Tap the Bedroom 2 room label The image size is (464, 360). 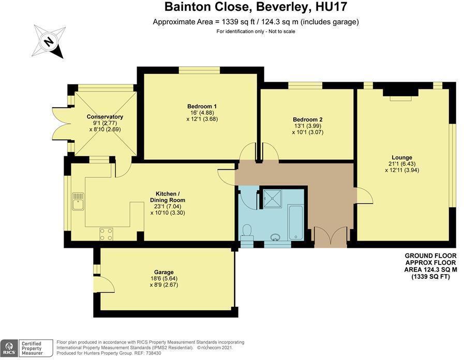[307, 119]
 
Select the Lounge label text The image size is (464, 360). [402, 157]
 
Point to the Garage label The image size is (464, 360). [163, 272]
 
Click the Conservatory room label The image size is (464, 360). [105, 116]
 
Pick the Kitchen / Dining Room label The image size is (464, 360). [168, 197]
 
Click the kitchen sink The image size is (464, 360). [79, 201]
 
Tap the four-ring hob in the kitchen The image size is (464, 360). [106, 234]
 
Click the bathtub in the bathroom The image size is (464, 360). [295, 222]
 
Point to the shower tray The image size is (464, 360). [272, 199]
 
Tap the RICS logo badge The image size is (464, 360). [10, 348]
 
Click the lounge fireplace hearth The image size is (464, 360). [401, 98]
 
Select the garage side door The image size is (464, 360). [104, 284]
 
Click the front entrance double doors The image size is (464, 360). [331, 237]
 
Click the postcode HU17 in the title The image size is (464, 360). [331, 7]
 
